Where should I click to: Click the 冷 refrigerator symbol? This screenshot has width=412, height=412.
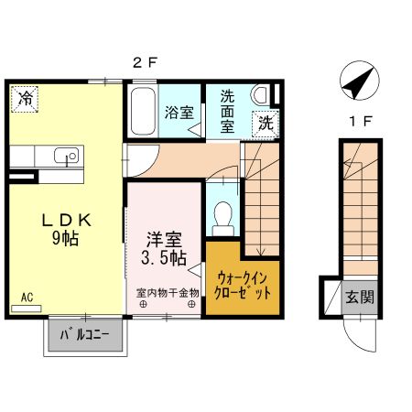point(24,98)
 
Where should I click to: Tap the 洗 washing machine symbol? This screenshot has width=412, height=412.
point(265,123)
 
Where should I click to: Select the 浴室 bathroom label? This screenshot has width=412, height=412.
point(179,114)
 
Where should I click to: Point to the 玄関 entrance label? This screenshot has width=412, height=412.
point(359,298)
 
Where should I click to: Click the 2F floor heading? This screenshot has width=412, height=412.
point(146,63)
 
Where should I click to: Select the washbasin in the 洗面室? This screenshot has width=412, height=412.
point(261,94)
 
